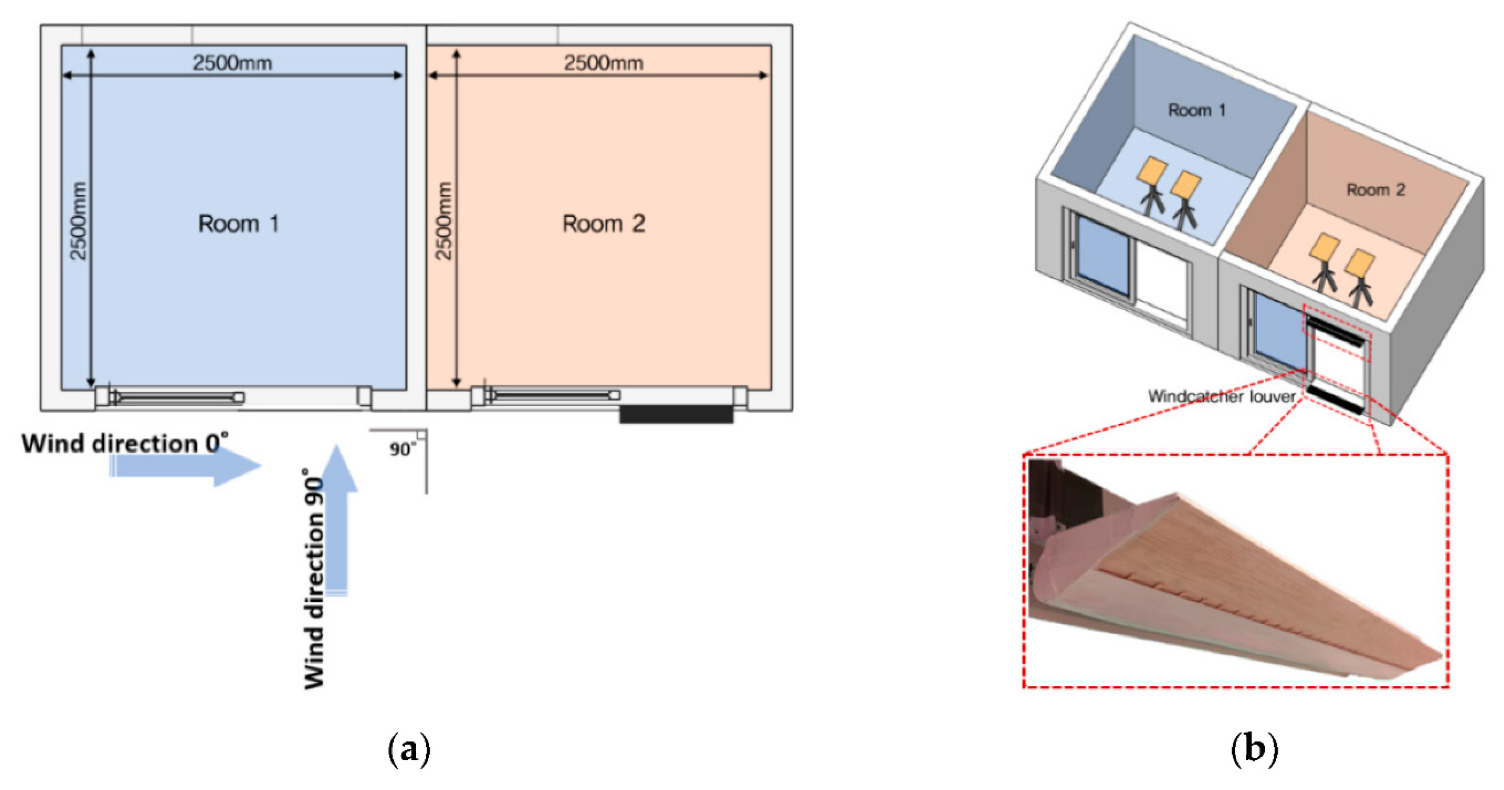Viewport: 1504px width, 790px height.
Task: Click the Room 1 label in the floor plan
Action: [238, 224]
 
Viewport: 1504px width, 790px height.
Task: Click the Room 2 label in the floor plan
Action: [603, 224]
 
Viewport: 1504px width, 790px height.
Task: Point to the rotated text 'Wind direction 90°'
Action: [314, 578]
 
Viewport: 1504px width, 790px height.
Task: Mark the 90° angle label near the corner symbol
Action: [402, 449]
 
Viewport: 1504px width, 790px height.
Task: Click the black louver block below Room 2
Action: [676, 414]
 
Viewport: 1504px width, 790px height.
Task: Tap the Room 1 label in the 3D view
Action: [1196, 110]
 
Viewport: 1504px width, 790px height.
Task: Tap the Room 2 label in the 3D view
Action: [1375, 190]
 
